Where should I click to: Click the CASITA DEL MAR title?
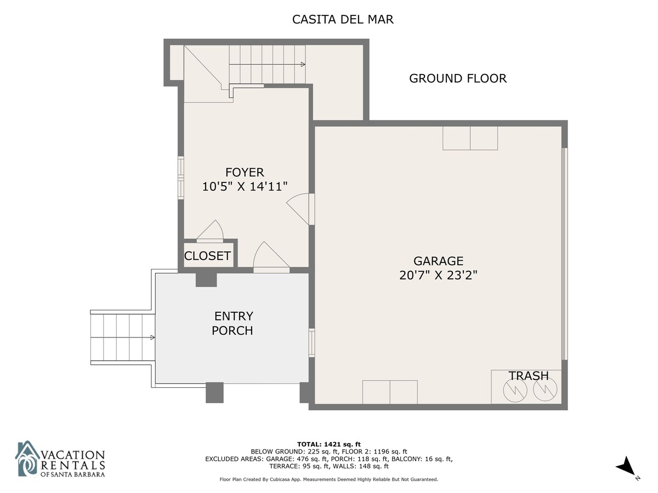[x=342, y=20]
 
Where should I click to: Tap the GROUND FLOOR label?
[x=457, y=78]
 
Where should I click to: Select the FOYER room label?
[x=245, y=173]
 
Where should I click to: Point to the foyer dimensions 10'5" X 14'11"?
[x=245, y=186]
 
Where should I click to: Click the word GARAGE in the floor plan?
[x=438, y=261]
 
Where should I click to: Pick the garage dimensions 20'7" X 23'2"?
[x=438, y=275]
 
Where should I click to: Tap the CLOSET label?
[x=207, y=256]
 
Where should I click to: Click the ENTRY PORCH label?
[x=233, y=323]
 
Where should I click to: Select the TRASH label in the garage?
[x=529, y=376]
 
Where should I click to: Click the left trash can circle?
[x=515, y=390]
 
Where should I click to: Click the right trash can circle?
[x=545, y=389]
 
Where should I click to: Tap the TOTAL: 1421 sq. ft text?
[x=329, y=444]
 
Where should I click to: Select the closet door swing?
[x=210, y=231]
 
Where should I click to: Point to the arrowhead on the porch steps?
[x=152, y=337]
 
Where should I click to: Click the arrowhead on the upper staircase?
[x=303, y=64]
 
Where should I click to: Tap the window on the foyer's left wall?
[x=181, y=177]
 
